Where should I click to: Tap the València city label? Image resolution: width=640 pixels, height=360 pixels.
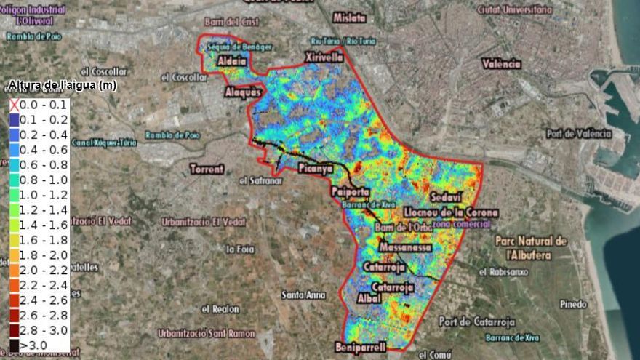coord(502,64)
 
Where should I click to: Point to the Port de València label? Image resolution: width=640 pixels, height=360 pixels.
coord(579,133)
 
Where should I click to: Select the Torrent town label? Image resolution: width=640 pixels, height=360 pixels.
coord(207,169)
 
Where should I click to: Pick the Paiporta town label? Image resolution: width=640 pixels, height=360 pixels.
coord(350,192)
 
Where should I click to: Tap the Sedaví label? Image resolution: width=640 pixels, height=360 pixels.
coord(446,197)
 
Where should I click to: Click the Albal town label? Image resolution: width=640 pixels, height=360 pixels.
coord(370,298)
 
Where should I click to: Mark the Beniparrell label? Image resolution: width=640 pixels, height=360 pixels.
coord(361,345)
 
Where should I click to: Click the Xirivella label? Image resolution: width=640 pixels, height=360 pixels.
coord(324,56)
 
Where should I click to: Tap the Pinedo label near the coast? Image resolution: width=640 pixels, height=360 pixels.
coord(574,304)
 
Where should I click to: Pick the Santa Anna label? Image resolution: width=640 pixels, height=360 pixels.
coord(304,295)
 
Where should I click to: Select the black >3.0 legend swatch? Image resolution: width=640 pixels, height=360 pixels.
coord(15,345)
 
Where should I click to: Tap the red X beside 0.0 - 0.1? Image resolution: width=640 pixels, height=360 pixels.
coord(14,105)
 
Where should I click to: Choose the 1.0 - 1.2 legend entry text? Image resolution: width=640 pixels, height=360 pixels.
coord(44,195)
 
